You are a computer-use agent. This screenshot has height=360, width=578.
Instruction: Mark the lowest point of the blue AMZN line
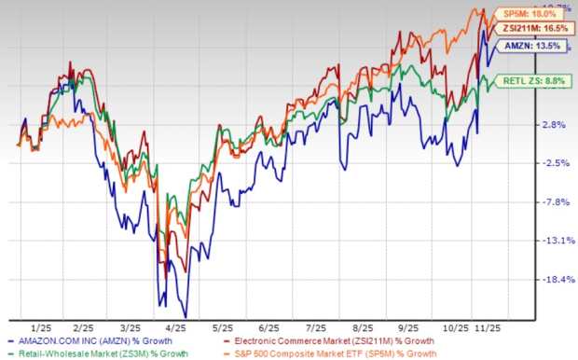tap(186, 317)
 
